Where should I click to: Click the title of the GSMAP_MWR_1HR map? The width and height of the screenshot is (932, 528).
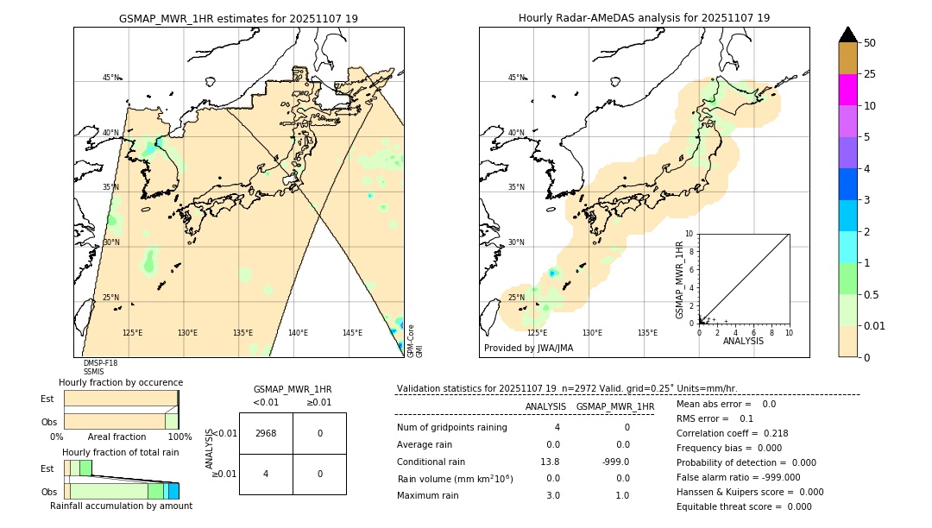[238, 18]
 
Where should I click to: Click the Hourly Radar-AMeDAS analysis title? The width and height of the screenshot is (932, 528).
[644, 18]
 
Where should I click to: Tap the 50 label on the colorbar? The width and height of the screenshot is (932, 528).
[870, 42]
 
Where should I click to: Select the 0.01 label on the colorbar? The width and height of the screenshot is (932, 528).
[875, 325]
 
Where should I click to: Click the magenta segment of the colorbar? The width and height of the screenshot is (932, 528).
[847, 90]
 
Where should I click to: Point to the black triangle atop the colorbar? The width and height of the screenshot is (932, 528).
[847, 35]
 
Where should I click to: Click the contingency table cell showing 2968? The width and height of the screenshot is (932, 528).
[266, 433]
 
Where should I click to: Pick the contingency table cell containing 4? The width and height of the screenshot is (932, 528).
[266, 474]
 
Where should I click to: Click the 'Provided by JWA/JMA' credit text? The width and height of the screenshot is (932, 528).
[528, 349]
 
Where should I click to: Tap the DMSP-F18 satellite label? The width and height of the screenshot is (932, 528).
[100, 363]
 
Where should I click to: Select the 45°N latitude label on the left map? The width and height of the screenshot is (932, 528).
[111, 78]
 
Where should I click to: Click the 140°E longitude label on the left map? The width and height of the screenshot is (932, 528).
[298, 333]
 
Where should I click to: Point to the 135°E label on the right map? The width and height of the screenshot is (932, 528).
[647, 333]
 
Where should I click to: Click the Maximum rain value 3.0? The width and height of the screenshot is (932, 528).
[553, 495]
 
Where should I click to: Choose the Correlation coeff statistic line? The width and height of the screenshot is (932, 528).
[732, 433]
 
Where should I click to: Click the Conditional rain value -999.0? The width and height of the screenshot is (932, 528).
[614, 462]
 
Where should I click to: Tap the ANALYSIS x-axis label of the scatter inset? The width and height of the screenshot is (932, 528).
[744, 341]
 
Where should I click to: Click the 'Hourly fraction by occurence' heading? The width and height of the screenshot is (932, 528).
[121, 382]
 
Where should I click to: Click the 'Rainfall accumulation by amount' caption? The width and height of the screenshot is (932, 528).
[121, 506]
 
